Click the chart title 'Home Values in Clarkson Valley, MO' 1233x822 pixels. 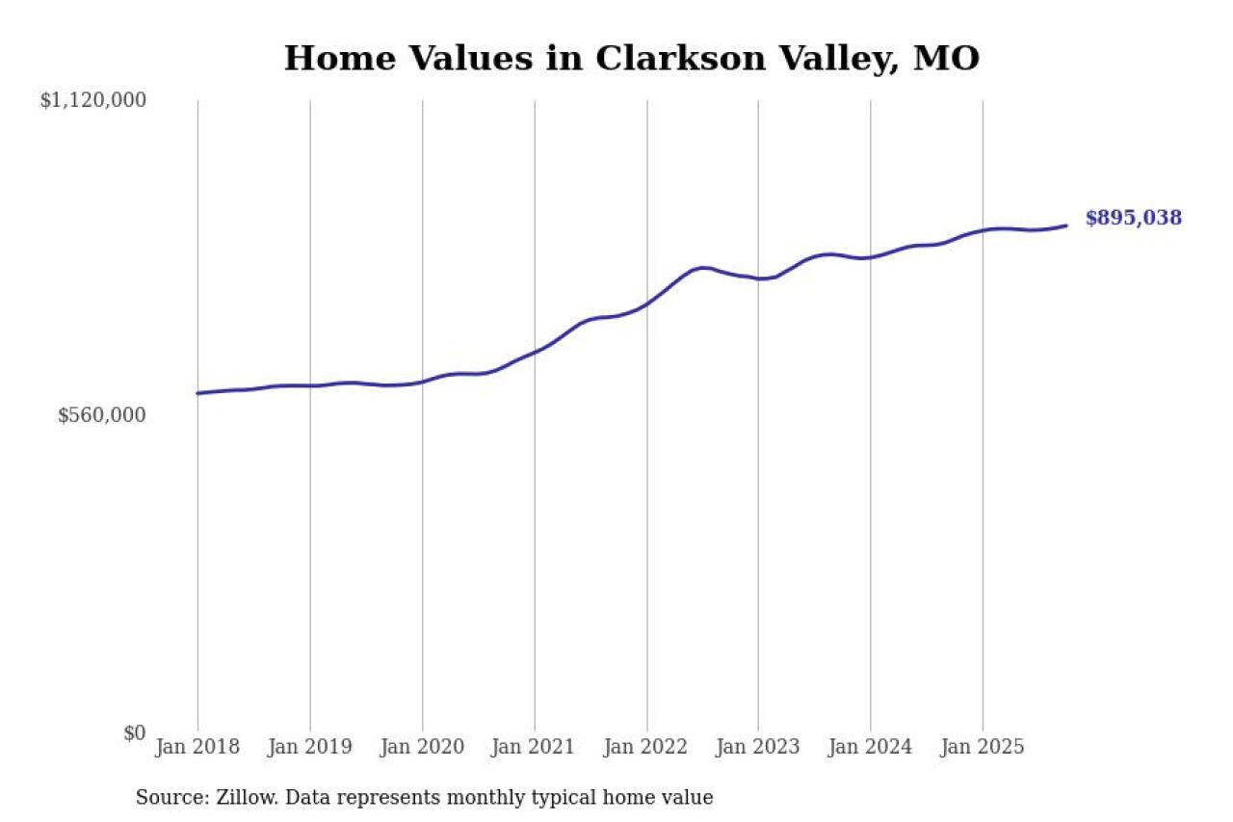tap(631, 59)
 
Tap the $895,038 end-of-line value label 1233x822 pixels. tap(1133, 218)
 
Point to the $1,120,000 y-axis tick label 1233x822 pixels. tap(92, 100)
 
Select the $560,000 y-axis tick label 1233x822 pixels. tap(101, 415)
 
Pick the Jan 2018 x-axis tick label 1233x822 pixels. tap(197, 747)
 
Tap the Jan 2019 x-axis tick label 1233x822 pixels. tap(310, 747)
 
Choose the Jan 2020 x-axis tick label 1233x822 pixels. tap(422, 747)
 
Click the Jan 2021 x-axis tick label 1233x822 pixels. tap(535, 747)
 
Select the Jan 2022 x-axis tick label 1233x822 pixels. tap(646, 747)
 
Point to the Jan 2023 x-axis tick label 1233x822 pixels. tap(758, 747)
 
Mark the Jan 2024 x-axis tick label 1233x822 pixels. tap(871, 747)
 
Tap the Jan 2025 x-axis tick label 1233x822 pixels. tap(983, 747)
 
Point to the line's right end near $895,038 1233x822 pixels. tap(1066, 225)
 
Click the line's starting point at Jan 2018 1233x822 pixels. tap(197, 393)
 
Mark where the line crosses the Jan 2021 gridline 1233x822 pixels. tap(535, 352)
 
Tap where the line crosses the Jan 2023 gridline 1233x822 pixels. tap(758, 278)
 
